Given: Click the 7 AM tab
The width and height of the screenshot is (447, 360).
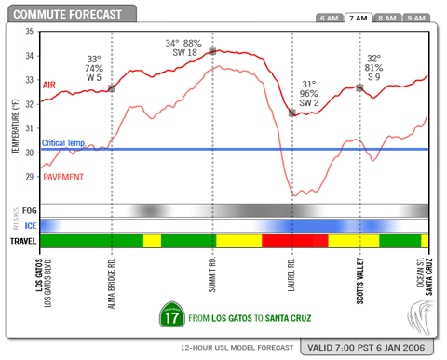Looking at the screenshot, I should point(359,18).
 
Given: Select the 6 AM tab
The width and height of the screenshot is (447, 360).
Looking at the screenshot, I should point(329,18).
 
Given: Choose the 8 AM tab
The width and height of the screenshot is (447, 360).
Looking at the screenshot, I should point(388,18).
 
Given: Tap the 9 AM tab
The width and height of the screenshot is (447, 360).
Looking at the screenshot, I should point(418,18).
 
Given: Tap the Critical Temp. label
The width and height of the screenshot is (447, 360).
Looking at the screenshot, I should point(63,143).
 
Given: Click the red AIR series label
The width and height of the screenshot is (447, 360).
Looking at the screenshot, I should point(50,85).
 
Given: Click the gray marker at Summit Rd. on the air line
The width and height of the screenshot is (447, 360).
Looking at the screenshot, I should point(212,50).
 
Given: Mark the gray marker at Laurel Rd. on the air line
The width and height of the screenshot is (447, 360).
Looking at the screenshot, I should point(292,113).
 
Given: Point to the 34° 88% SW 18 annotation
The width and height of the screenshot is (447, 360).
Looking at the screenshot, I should point(183,47).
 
